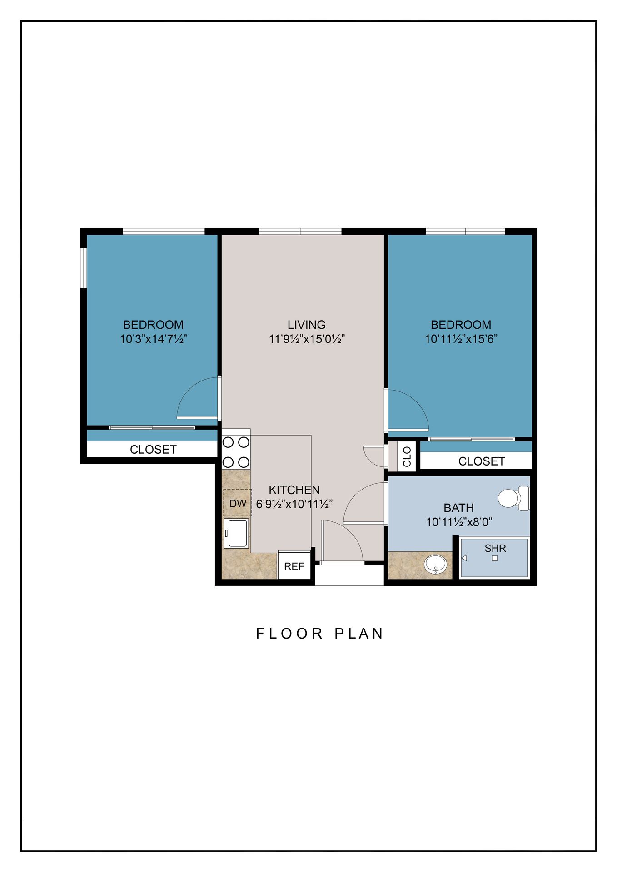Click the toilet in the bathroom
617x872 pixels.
tap(514, 498)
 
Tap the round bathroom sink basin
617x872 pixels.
tap(435, 565)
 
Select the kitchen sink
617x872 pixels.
tap(236, 534)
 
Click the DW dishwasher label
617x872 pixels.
tap(238, 504)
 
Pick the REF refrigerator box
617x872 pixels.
tap(294, 565)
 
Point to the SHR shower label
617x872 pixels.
tap(495, 548)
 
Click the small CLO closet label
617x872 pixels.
tap(407, 456)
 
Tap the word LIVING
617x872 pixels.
tap(307, 325)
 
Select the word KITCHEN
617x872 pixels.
tap(294, 490)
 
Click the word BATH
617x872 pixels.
tap(459, 508)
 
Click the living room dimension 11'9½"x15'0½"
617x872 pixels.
tap(307, 339)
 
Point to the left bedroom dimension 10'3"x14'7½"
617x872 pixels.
tap(154, 339)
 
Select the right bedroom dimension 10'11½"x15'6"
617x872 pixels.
tap(461, 339)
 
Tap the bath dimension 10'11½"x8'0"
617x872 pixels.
tap(459, 522)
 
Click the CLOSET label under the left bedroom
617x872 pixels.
tap(153, 450)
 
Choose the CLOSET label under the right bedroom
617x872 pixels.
tap(482, 461)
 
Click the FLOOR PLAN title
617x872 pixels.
tap(320, 634)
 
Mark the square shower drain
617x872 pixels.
tap(495, 559)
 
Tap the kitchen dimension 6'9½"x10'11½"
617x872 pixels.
tap(294, 504)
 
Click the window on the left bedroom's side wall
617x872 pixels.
tap(84, 268)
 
